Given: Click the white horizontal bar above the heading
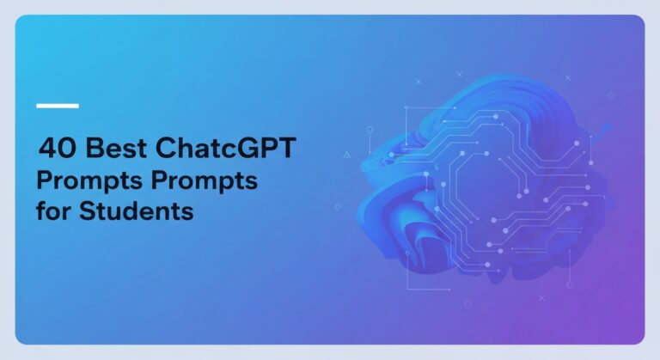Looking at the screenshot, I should [x=58, y=106].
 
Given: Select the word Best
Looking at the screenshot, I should [x=112, y=149].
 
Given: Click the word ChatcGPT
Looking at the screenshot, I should [x=226, y=149].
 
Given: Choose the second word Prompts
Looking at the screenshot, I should [x=210, y=181].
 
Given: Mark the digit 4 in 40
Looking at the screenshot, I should [x=46, y=149].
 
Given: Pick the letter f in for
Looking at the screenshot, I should [x=40, y=211].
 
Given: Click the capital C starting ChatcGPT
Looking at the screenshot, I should [x=168, y=149].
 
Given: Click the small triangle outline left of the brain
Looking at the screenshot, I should [x=346, y=155].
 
